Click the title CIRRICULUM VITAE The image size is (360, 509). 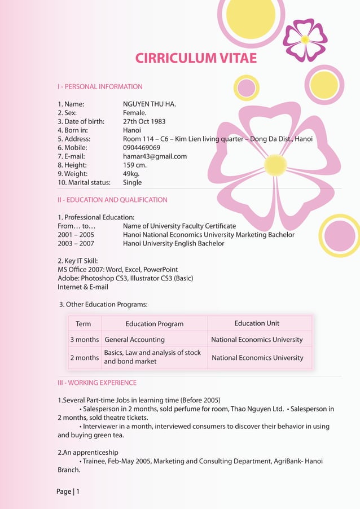(x=196, y=58)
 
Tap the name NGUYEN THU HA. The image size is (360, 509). (x=150, y=104)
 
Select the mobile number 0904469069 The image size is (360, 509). (x=142, y=148)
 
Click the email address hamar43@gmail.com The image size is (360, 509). (x=155, y=156)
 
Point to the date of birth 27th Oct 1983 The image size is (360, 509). (x=144, y=121)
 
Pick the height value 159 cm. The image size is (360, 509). (x=134, y=165)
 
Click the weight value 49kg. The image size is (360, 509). (x=131, y=174)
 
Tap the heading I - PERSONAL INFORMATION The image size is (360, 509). (x=100, y=87)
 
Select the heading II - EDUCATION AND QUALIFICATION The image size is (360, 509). (x=112, y=200)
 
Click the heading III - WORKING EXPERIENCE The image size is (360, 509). (x=96, y=383)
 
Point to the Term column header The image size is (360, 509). (x=84, y=324)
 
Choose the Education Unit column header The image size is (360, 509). (x=257, y=323)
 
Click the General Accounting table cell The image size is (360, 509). (x=134, y=340)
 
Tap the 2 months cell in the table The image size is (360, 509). (x=84, y=358)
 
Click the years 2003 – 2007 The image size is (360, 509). (x=76, y=243)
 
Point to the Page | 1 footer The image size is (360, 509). (x=68, y=492)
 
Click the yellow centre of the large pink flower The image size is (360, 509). (x=275, y=165)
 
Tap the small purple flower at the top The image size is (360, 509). (x=305, y=40)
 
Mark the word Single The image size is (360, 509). (x=132, y=182)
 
